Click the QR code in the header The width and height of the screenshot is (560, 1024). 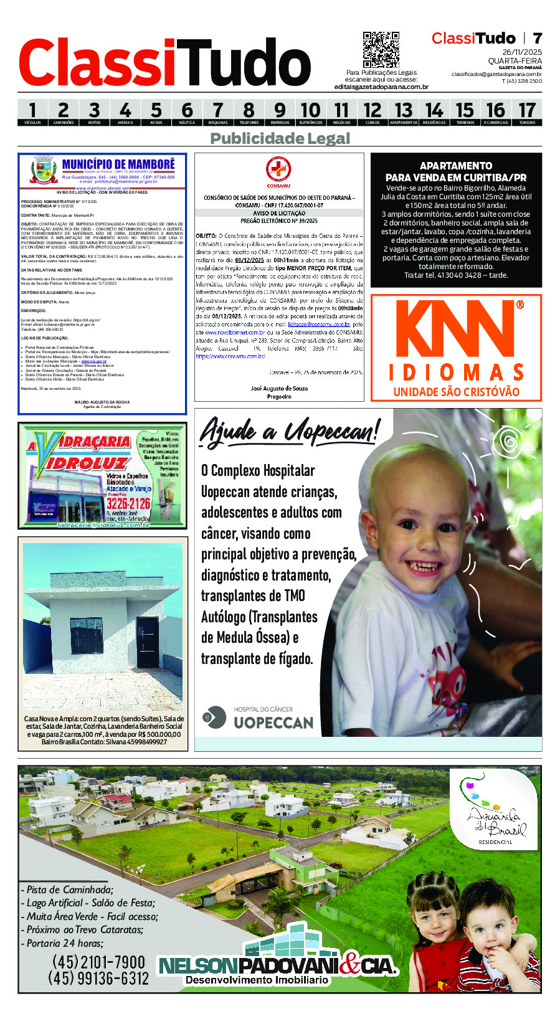[x=381, y=50]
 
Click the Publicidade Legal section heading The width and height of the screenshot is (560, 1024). [x=280, y=138]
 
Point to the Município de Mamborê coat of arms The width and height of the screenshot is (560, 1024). [x=44, y=169]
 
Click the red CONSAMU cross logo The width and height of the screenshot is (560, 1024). [x=278, y=170]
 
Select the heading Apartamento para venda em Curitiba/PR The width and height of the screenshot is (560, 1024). [x=455, y=171]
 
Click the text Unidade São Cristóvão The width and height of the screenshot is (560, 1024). [x=456, y=392]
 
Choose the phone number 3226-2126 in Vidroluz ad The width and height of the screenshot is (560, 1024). [x=128, y=503]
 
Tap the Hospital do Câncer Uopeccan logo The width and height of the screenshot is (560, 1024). [x=259, y=718]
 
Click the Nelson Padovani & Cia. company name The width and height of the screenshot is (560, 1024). [x=277, y=966]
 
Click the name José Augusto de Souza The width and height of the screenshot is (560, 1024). [x=278, y=388]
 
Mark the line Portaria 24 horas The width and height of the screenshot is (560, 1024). [x=65, y=943]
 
